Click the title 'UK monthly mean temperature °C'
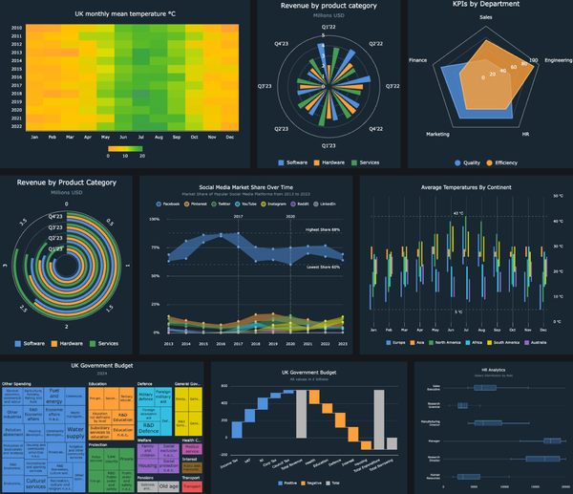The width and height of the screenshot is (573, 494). point(127,14)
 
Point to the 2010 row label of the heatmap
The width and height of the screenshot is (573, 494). point(17,29)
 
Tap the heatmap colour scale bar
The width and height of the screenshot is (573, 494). point(127,149)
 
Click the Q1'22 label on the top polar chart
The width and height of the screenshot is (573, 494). point(329,27)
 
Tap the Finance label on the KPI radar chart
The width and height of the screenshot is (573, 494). point(417,60)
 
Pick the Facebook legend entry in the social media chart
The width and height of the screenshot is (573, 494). point(168,204)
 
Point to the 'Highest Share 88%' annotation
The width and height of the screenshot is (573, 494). point(324,230)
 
